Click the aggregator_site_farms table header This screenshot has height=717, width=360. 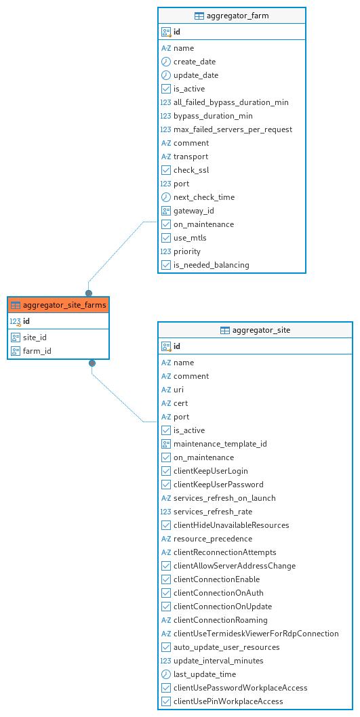point(58,305)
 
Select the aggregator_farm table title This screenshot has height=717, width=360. point(237,16)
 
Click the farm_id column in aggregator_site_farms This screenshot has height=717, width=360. point(37,351)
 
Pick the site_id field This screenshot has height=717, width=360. point(35,337)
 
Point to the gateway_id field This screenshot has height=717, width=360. point(193,211)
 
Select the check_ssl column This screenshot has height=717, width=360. point(191,170)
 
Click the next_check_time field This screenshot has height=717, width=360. point(204,197)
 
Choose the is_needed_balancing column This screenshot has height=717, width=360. point(212,265)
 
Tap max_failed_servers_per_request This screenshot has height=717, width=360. point(233,129)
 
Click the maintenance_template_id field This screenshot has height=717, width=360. point(220,444)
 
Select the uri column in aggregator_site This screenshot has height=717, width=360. point(178,390)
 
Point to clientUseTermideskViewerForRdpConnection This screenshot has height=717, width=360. point(256,634)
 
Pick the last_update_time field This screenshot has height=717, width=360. point(205,674)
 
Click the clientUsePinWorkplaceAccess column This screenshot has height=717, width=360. point(228,701)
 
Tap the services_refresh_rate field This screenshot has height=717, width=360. point(213,512)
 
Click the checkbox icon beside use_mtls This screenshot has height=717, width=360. point(166,238)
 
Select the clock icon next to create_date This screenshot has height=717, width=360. point(166,62)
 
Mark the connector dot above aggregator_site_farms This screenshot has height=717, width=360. point(89,293)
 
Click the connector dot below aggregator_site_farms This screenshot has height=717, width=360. point(92,363)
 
